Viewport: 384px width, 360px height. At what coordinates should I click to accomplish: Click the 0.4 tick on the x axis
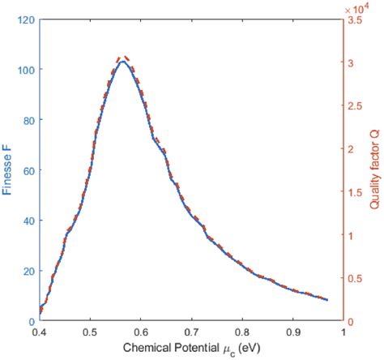pyautogui.click(x=39, y=332)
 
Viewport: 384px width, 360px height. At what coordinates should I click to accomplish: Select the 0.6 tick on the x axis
pyautogui.click(x=141, y=332)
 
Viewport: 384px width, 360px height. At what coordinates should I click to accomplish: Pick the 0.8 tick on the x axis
pyautogui.click(x=243, y=332)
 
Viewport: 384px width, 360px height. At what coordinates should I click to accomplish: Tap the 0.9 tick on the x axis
pyautogui.click(x=294, y=332)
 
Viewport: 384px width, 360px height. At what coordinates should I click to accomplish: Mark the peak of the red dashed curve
pyautogui.click(x=123, y=58)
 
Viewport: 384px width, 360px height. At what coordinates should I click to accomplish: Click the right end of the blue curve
pyautogui.click(x=327, y=300)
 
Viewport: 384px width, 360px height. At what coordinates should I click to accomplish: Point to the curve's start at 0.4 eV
pyautogui.click(x=40, y=310)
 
